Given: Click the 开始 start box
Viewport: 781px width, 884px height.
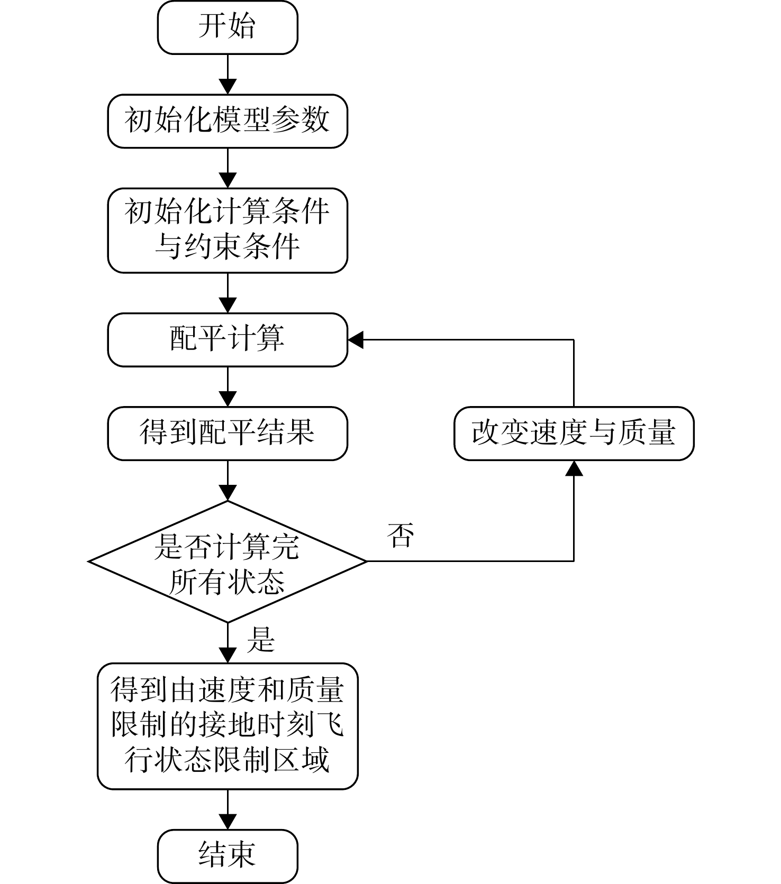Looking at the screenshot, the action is point(228,27).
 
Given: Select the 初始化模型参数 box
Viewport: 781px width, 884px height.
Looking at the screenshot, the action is point(228,121).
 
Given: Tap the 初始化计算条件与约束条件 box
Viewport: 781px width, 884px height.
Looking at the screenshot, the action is point(228,231).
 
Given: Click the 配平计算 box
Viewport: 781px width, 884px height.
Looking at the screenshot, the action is point(228,340).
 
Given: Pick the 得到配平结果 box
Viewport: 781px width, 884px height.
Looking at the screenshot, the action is point(228,434).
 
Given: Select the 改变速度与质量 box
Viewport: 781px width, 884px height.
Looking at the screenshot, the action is point(574,434).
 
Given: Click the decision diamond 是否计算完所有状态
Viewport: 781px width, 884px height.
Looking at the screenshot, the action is point(228,561).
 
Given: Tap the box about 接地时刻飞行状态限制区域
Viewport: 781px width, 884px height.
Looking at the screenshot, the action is point(228,726).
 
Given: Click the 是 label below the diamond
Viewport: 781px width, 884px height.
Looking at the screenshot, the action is point(261,640).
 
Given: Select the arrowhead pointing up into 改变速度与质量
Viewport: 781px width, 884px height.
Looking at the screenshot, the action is point(574,468).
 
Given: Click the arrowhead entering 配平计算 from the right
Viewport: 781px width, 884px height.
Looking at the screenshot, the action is point(356,340).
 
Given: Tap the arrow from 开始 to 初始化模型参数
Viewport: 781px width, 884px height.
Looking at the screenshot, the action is point(228,74).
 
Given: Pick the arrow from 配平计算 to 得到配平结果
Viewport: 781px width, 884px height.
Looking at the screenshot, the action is point(228,386).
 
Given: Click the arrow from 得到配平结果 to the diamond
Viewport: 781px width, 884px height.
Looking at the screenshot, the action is point(228,480).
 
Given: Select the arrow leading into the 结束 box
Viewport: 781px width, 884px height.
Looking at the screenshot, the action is point(228,809).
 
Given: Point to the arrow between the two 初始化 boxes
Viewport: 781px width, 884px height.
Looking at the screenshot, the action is point(228,168).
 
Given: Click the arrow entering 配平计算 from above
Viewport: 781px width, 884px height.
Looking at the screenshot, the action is point(228,293).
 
